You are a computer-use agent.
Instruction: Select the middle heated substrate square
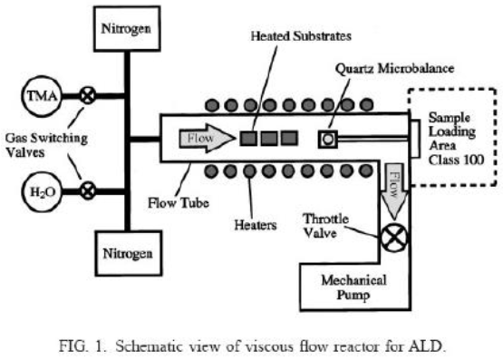(269, 139)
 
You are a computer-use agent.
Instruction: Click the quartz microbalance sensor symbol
(327, 139)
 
